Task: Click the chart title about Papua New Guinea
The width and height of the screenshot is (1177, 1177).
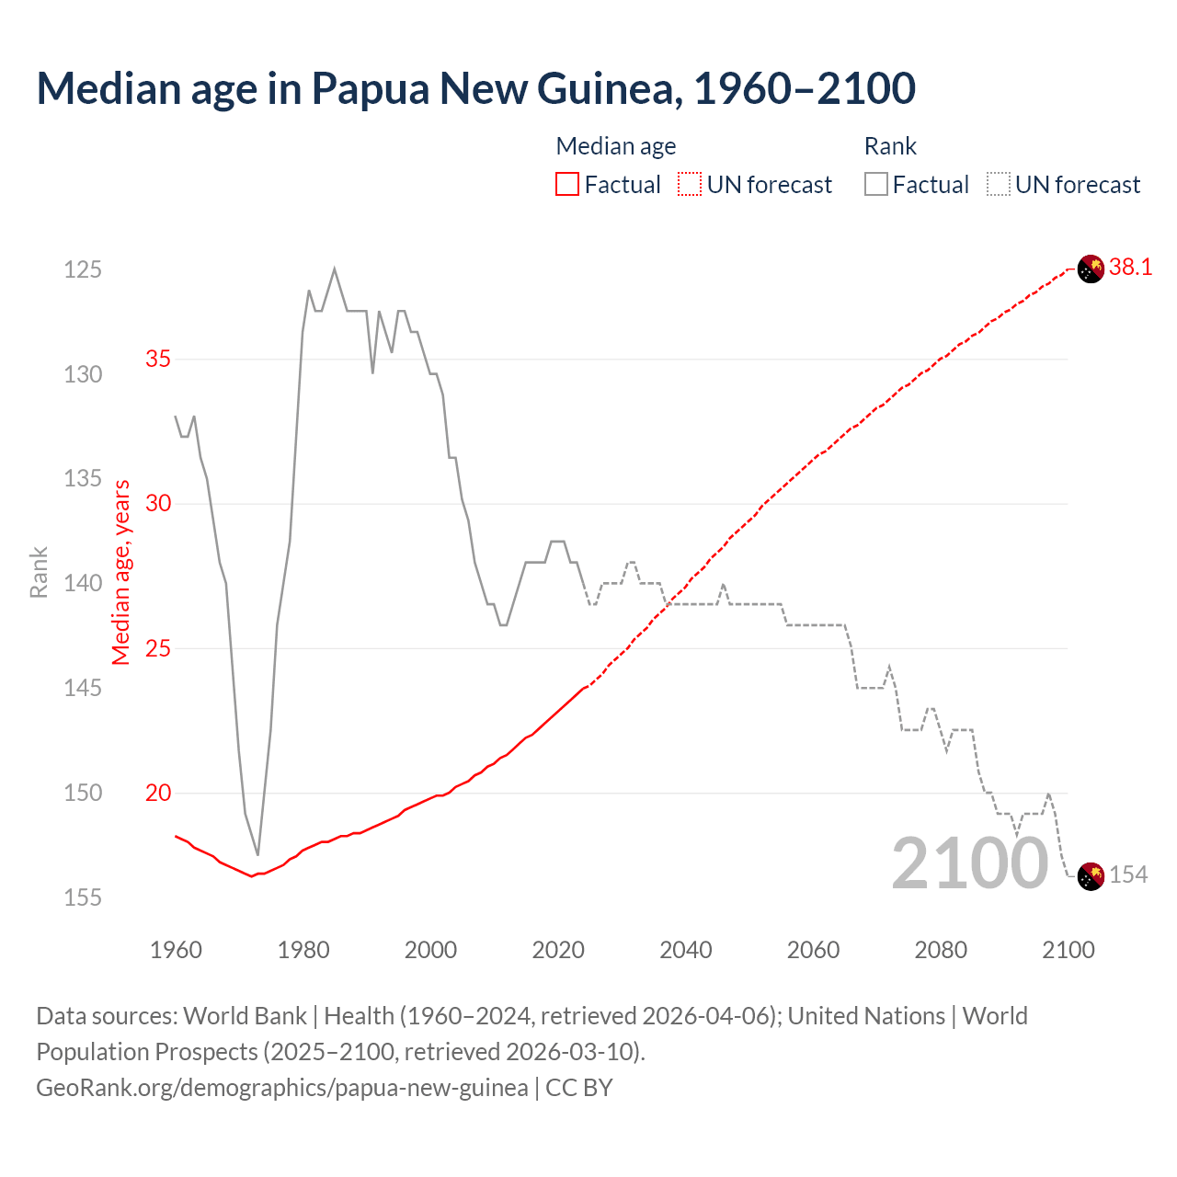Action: (x=475, y=88)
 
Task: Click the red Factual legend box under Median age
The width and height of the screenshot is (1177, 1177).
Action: (x=567, y=185)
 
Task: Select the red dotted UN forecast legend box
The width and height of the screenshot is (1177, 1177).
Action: (x=690, y=185)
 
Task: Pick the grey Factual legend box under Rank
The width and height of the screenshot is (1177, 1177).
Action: (x=876, y=185)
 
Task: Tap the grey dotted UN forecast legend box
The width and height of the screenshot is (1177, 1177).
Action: (x=998, y=185)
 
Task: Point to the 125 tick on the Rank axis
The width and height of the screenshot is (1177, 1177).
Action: (x=83, y=269)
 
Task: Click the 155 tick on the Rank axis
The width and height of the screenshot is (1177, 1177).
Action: (x=83, y=897)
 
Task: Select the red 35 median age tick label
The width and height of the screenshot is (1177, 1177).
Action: (x=158, y=359)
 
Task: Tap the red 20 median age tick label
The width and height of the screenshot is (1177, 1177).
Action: (x=158, y=793)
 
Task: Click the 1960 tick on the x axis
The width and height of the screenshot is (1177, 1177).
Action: (x=176, y=950)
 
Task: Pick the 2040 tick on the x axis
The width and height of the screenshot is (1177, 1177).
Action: (x=686, y=950)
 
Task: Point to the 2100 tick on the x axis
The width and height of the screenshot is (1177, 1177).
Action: (x=1068, y=950)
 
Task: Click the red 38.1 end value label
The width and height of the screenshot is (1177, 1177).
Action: (x=1130, y=268)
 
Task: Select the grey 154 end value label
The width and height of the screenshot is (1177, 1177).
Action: (x=1128, y=874)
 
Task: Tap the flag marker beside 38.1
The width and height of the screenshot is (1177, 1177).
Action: (x=1091, y=269)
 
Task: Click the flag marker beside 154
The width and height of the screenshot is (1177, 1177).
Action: (x=1091, y=876)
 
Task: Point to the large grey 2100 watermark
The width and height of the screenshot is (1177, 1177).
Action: (x=970, y=863)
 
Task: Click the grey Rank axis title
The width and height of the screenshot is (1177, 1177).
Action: (x=39, y=572)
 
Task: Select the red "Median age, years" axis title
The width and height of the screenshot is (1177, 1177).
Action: (x=121, y=572)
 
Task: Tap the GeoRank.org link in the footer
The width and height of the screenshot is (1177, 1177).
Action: (x=281, y=1088)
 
